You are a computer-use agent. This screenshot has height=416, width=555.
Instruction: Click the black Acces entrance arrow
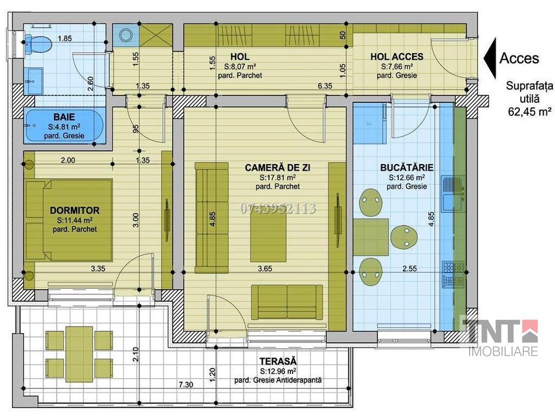point(490,58)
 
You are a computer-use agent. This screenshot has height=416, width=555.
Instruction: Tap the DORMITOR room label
point(75,210)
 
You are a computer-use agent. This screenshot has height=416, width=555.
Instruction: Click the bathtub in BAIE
point(64,126)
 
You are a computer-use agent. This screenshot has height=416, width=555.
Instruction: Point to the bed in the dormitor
point(69,220)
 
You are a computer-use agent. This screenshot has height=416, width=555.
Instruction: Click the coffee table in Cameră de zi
point(268,238)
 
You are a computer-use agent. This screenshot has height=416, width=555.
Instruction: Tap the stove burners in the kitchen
point(453,275)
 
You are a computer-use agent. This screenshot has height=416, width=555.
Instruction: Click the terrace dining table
point(79,354)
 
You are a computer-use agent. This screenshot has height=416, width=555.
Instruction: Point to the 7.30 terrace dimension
point(186,385)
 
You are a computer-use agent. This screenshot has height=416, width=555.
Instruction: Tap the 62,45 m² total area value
point(530,112)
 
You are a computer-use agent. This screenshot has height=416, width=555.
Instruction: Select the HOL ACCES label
point(397,56)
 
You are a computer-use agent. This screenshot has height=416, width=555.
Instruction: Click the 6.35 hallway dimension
point(325,86)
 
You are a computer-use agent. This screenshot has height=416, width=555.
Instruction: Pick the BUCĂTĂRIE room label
point(406,167)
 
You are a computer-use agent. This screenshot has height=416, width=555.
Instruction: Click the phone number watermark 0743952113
point(278,209)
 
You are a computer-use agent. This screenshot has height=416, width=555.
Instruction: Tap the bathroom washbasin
point(33,81)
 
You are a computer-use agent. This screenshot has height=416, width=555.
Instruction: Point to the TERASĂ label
point(278,361)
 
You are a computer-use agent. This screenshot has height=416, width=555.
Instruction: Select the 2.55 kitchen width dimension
point(410,269)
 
